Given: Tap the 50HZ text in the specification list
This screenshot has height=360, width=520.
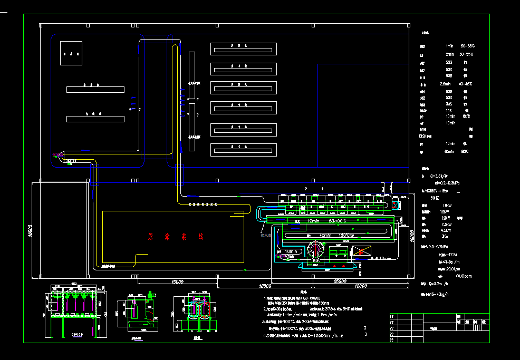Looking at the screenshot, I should pyautogui.click(x=435, y=198).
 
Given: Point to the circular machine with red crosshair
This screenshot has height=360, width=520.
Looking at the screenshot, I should pyautogui.click(x=316, y=250).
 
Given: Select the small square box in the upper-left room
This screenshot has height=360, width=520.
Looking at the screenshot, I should pyautogui.click(x=71, y=53).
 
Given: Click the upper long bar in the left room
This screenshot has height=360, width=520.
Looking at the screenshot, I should pyautogui.click(x=95, y=89).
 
